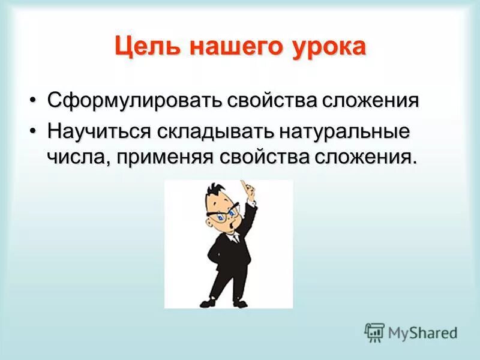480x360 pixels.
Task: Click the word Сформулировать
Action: (134, 100)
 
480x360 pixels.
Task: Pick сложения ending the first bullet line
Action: (372, 100)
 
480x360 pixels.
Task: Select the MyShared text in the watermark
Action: (422, 332)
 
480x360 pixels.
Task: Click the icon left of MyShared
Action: (374, 332)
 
